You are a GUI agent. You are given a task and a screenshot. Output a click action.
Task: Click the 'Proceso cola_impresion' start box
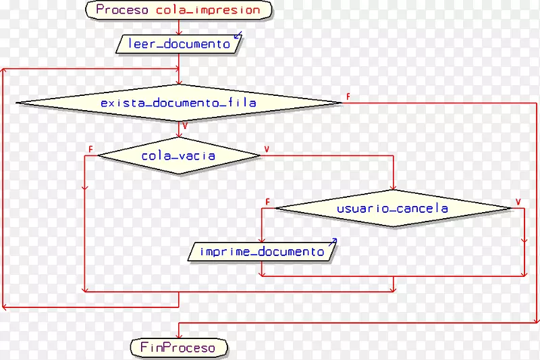click(x=178, y=10)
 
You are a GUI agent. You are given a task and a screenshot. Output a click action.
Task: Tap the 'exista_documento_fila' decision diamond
click(x=179, y=103)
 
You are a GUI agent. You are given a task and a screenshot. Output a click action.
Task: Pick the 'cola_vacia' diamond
click(x=179, y=156)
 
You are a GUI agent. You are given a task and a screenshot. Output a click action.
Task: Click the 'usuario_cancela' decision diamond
click(x=394, y=209)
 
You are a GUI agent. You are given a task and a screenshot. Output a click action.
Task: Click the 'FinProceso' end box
click(x=179, y=348)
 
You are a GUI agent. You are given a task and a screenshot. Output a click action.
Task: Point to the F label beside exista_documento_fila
click(x=348, y=97)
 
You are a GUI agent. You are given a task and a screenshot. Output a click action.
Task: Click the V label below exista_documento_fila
click(x=185, y=126)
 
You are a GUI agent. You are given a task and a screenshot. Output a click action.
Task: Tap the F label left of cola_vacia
click(x=91, y=149)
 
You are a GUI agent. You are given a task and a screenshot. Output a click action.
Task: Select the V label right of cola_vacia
click(x=267, y=149)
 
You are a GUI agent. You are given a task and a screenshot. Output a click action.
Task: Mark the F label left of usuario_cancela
click(x=268, y=202)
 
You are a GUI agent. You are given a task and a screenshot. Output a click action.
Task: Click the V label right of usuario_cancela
click(x=518, y=202)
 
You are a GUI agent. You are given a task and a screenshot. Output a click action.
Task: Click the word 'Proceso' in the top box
click(x=123, y=10)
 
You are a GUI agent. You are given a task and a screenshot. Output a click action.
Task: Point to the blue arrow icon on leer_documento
click(x=237, y=36)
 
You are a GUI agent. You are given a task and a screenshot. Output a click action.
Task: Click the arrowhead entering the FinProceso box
click(x=179, y=336)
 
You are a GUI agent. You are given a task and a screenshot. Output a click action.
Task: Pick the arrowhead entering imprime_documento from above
click(x=262, y=239)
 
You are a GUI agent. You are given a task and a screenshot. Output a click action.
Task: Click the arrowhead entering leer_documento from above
click(x=179, y=32)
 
